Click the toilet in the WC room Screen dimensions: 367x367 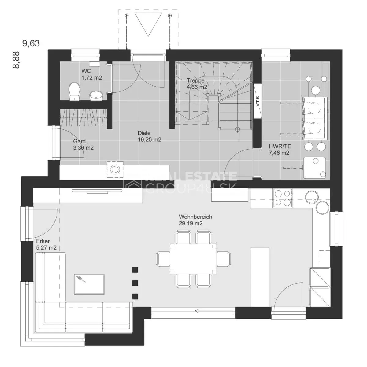[x=74, y=91]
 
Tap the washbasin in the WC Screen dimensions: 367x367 [x=96, y=95]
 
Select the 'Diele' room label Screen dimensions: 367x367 [x=144, y=133]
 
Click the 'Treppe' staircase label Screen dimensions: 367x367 [x=196, y=80]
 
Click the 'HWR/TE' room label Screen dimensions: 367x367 [x=280, y=146]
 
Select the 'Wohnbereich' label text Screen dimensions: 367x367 [x=195, y=217]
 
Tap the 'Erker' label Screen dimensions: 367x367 [x=43, y=241]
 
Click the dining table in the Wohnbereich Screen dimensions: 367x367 [x=193, y=259]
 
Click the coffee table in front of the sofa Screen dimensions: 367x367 [x=89, y=284]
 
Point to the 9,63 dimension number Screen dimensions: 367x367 [x=31, y=43]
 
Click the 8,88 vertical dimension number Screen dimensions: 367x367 [x=16, y=60]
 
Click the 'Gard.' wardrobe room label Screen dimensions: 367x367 [x=80, y=141]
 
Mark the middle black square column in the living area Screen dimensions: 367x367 [x=135, y=283]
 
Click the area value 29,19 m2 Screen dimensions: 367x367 [x=191, y=223]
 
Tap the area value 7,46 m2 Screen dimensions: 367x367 [x=279, y=153]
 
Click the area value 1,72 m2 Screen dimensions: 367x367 [x=92, y=78]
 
